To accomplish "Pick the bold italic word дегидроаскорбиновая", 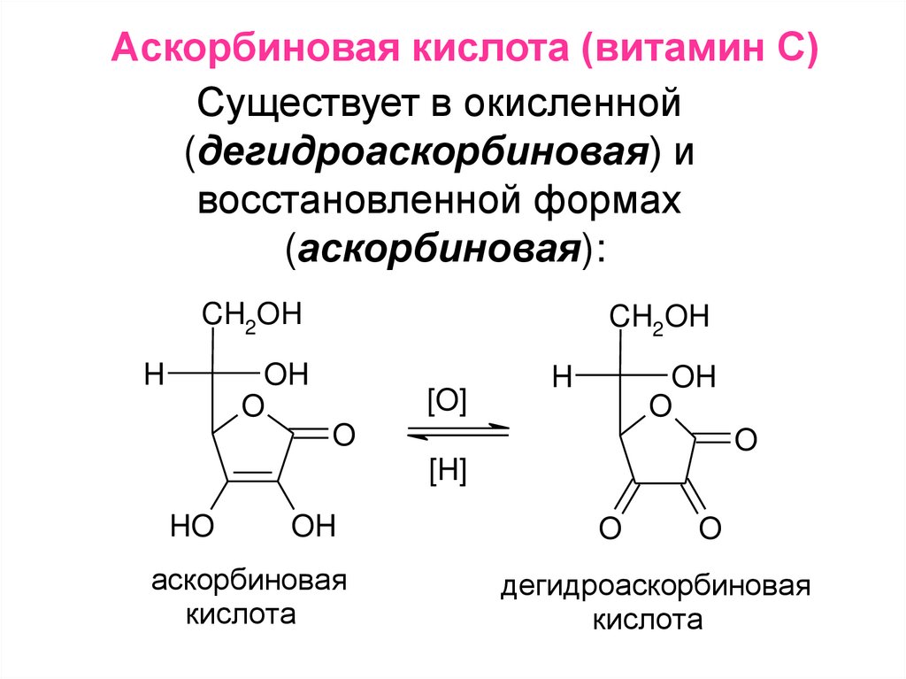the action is click(x=419, y=154).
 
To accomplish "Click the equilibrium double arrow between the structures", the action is click(x=457, y=432).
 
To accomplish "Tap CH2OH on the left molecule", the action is click(x=252, y=317).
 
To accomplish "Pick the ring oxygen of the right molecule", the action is click(x=659, y=408).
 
